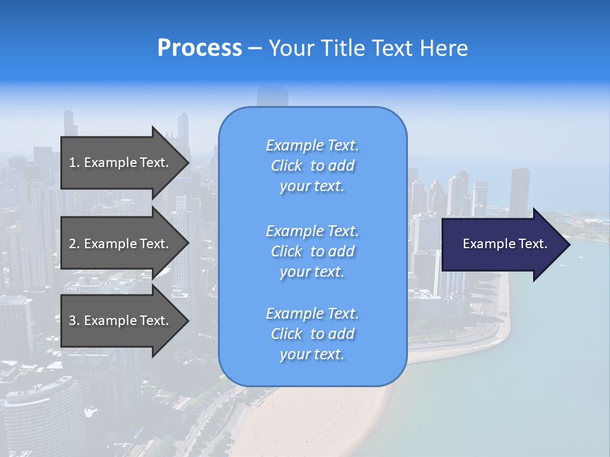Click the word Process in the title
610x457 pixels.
pos(200,48)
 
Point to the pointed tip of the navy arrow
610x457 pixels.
pos(569,244)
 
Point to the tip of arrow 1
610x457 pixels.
pos(188,162)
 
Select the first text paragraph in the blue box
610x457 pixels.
pos(312,166)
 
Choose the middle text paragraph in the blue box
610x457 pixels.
pos(312,251)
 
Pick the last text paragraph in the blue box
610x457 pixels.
pos(312,334)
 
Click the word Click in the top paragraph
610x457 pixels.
pos(287,166)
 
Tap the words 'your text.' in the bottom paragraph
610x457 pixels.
pos(312,355)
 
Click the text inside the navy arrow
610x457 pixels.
pos(505,244)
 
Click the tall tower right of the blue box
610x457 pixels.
pos(519,190)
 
